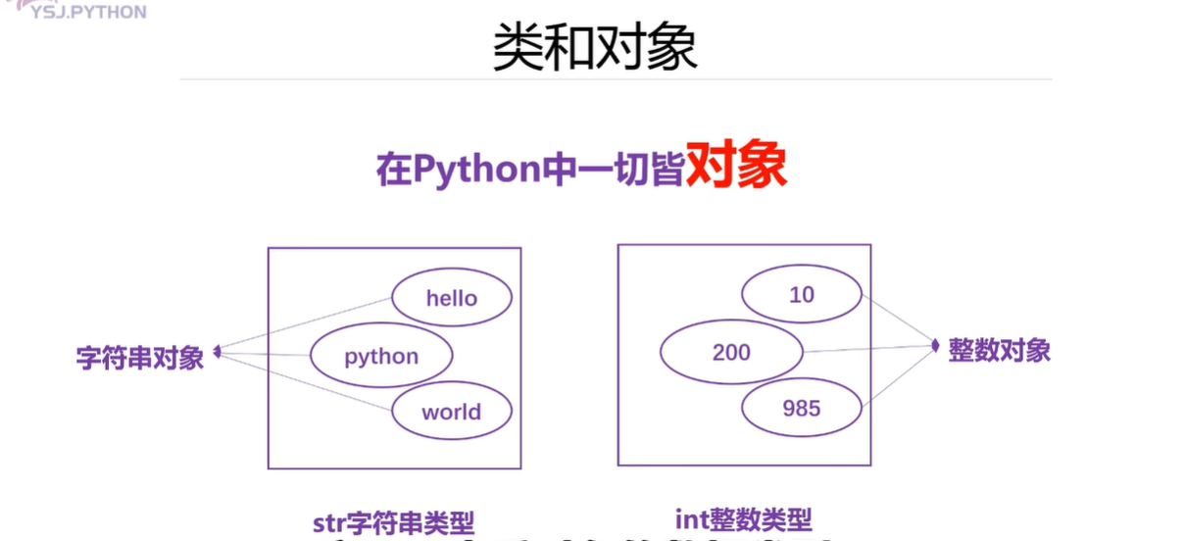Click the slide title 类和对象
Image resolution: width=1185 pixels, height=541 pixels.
(x=594, y=46)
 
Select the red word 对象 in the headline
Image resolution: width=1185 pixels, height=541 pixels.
(x=735, y=167)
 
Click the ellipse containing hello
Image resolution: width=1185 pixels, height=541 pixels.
(x=451, y=298)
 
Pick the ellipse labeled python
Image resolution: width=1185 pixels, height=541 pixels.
(x=381, y=356)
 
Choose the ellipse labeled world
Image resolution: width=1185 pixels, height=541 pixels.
(x=451, y=412)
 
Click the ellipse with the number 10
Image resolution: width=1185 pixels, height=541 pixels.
(x=801, y=294)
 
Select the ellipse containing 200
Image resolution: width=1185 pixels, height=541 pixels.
(x=731, y=352)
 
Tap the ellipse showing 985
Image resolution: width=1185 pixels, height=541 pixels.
(x=801, y=408)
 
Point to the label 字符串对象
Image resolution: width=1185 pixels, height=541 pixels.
(x=140, y=357)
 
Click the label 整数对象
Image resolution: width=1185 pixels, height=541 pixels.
(x=999, y=350)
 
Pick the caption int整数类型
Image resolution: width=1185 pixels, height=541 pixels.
(x=744, y=519)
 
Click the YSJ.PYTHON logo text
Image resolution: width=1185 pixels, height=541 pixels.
(x=88, y=12)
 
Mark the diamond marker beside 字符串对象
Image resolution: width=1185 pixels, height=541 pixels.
(x=218, y=351)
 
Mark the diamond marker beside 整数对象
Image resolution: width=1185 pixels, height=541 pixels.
(x=935, y=345)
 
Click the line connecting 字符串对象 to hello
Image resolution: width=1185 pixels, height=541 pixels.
(x=304, y=324)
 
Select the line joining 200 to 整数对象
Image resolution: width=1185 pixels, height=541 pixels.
(x=867, y=348)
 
